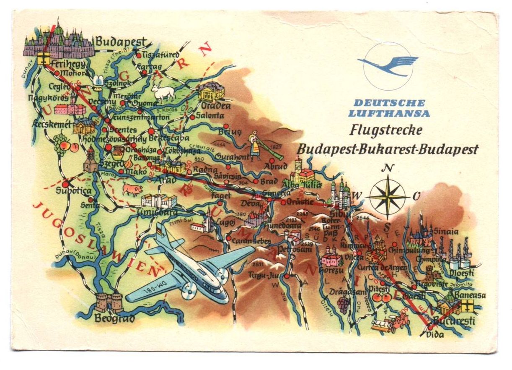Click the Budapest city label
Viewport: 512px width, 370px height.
[121, 42]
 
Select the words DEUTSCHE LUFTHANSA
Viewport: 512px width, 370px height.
[389, 108]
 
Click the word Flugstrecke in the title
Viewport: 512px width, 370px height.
[385, 130]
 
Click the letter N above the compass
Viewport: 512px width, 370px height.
[389, 169]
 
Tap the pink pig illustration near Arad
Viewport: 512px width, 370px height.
[132, 190]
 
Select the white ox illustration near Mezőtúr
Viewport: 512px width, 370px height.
[163, 93]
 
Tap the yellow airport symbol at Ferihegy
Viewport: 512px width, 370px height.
[43, 58]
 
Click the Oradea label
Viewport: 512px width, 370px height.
[216, 106]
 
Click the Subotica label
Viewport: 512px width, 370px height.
[73, 191]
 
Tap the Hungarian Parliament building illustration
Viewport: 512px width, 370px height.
[59, 41]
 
